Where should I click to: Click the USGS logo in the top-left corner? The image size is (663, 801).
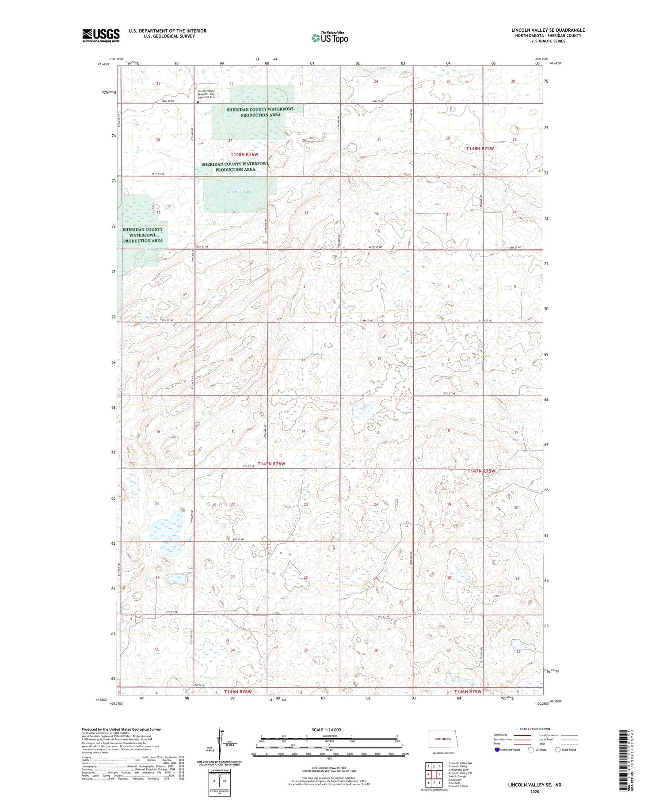click(x=101, y=35)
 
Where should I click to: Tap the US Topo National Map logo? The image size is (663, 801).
click(x=330, y=38)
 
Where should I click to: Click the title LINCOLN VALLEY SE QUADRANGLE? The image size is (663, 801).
click(x=548, y=30)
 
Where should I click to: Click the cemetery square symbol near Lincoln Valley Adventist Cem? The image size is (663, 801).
click(x=198, y=102)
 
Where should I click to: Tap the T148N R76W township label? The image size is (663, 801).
click(x=244, y=155)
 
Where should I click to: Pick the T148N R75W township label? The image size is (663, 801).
click(x=480, y=148)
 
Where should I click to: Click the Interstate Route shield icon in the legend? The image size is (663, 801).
click(x=497, y=750)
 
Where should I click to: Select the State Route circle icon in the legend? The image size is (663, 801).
click(x=558, y=750)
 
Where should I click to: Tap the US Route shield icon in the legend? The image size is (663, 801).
click(x=531, y=750)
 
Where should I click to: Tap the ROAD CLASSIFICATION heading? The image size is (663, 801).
click(x=535, y=729)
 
